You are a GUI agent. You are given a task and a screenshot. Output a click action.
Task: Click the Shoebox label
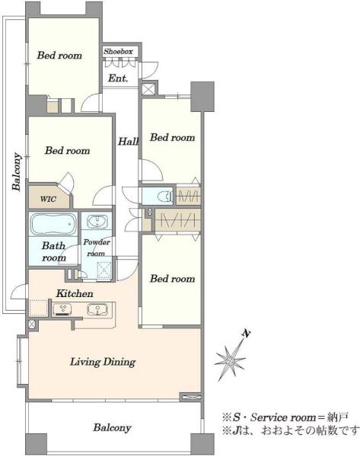[x=118, y=52]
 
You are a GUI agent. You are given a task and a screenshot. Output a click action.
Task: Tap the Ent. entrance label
[x=118, y=78]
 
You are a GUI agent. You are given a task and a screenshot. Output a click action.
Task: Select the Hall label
[x=128, y=142]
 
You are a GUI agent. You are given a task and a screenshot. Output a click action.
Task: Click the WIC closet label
[x=48, y=200]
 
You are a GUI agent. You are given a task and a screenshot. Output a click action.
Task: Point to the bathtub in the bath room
[x=53, y=224]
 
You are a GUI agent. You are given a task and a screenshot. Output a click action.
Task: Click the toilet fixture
[x=164, y=197]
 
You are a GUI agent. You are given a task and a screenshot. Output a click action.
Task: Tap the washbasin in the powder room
[x=97, y=222]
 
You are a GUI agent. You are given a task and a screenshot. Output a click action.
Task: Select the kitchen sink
[x=97, y=309]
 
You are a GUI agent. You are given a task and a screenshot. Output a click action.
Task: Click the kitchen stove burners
[x=63, y=309]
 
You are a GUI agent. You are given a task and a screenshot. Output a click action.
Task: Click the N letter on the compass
[x=247, y=334]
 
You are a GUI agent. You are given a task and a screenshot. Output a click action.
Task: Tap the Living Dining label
[x=103, y=362]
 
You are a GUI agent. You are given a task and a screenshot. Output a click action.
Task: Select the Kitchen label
[x=75, y=293]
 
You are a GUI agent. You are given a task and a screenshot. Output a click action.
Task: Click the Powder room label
[x=97, y=248]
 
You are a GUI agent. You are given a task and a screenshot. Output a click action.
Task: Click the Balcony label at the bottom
[x=112, y=428]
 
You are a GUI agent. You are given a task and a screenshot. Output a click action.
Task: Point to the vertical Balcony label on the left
[x=17, y=171]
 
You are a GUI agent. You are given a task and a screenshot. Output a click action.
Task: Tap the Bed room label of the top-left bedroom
[x=59, y=56]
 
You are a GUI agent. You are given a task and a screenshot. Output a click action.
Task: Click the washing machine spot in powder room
[x=104, y=270]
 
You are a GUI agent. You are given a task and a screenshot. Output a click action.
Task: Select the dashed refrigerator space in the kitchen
[x=39, y=308]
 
